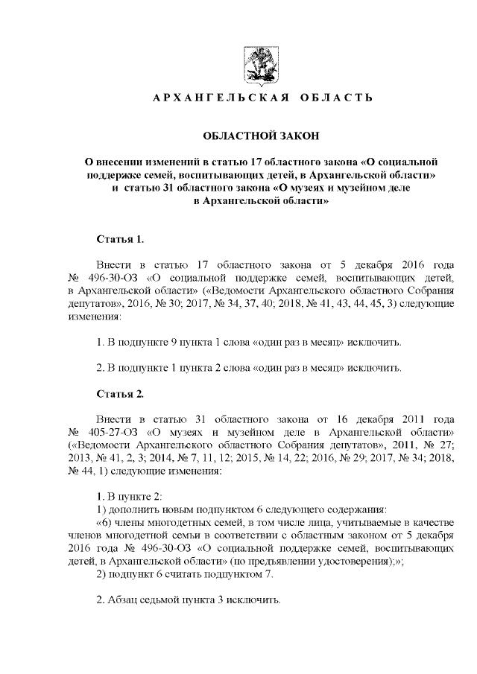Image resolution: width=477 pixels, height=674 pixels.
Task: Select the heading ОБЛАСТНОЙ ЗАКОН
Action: [257, 136]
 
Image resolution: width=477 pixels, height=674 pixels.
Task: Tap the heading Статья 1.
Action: [119, 239]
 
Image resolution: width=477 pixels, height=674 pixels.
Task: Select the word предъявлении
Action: [284, 563]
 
